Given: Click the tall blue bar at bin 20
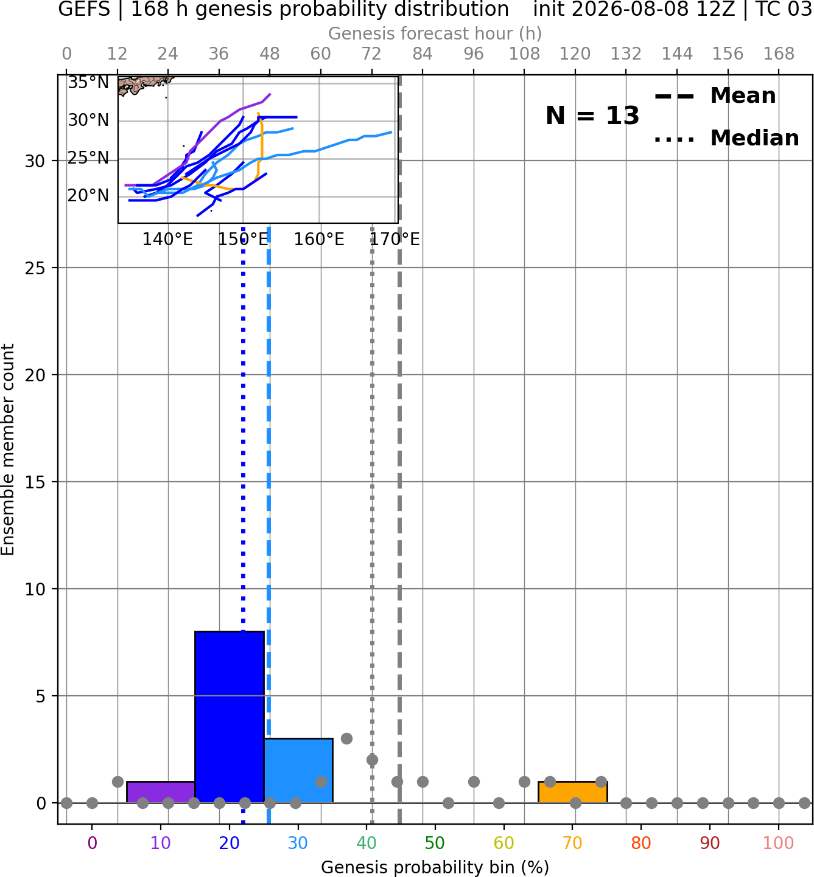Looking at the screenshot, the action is coord(230,716).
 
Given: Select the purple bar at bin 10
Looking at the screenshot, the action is coord(161,792).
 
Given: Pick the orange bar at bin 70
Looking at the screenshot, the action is coord(573,792).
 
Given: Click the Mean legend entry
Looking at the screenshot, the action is coord(715,96).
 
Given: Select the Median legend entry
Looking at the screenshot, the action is coord(726,138).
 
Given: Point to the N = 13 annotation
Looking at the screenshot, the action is coord(592,116).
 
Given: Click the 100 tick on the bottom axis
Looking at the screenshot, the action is coord(779,843).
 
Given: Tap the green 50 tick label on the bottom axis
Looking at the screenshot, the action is coord(435,843).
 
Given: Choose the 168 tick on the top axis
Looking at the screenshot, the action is coord(779,54).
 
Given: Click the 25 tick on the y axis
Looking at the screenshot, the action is coord(35,268).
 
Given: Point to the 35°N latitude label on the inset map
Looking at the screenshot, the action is coord(88,83).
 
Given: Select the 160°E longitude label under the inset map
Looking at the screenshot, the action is coord(319,240).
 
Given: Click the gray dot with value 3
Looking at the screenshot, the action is coord(346,738).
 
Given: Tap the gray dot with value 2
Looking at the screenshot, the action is coord(372,760).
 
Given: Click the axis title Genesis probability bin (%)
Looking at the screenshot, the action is coord(435,867).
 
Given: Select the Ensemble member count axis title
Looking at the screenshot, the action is coord(7,449).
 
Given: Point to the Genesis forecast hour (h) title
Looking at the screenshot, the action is coord(435,33).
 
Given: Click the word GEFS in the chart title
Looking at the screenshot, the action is coord(84,9).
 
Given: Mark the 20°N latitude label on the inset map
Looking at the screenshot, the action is coord(88,196).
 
